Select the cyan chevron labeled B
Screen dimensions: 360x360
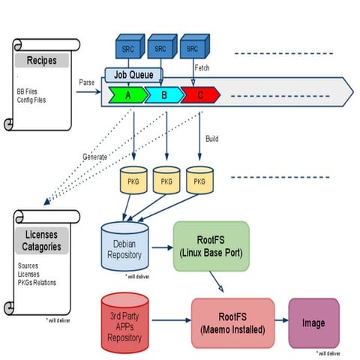click(166, 95)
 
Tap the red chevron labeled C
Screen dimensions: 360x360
click(200, 95)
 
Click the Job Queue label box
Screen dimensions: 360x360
click(133, 75)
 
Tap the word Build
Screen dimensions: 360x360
click(212, 139)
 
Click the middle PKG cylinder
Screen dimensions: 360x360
click(166, 181)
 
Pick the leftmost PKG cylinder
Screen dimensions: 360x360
click(132, 181)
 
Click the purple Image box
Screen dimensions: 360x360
click(313, 322)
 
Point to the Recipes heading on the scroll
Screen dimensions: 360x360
click(42, 60)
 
